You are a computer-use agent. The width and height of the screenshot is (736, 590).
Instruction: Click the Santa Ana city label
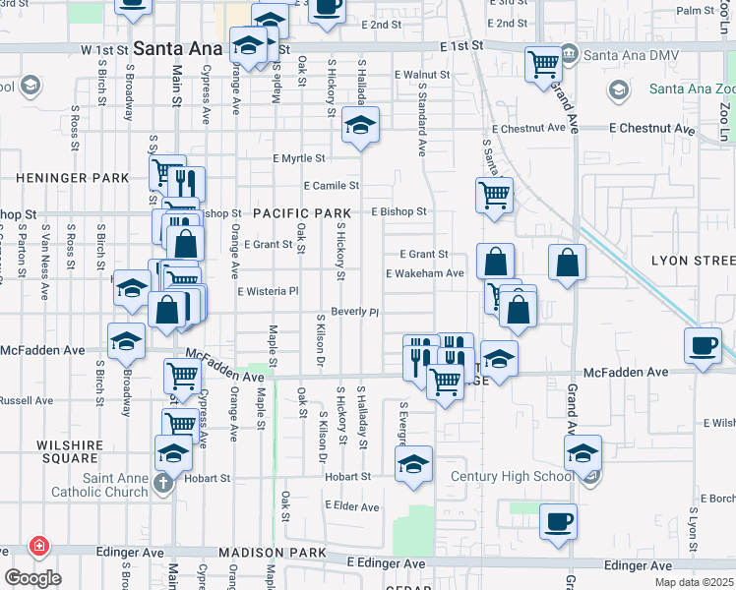point(178,47)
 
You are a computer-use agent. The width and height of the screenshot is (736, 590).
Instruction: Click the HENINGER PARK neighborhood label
point(73,178)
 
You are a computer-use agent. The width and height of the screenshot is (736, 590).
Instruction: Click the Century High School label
point(512,477)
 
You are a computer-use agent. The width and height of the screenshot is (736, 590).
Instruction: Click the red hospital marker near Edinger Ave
point(38,545)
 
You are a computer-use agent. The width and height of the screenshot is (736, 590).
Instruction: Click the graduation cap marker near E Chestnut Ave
point(361,127)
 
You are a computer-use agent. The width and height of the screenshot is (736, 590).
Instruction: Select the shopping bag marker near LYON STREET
point(567,263)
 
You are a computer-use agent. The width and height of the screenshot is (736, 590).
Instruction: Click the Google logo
point(32,577)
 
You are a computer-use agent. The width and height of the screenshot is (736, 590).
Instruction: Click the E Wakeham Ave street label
point(424,273)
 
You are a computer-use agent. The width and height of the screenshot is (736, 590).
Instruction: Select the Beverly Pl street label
point(354,312)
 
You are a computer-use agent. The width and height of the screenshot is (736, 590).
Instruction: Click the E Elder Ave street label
point(351,507)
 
